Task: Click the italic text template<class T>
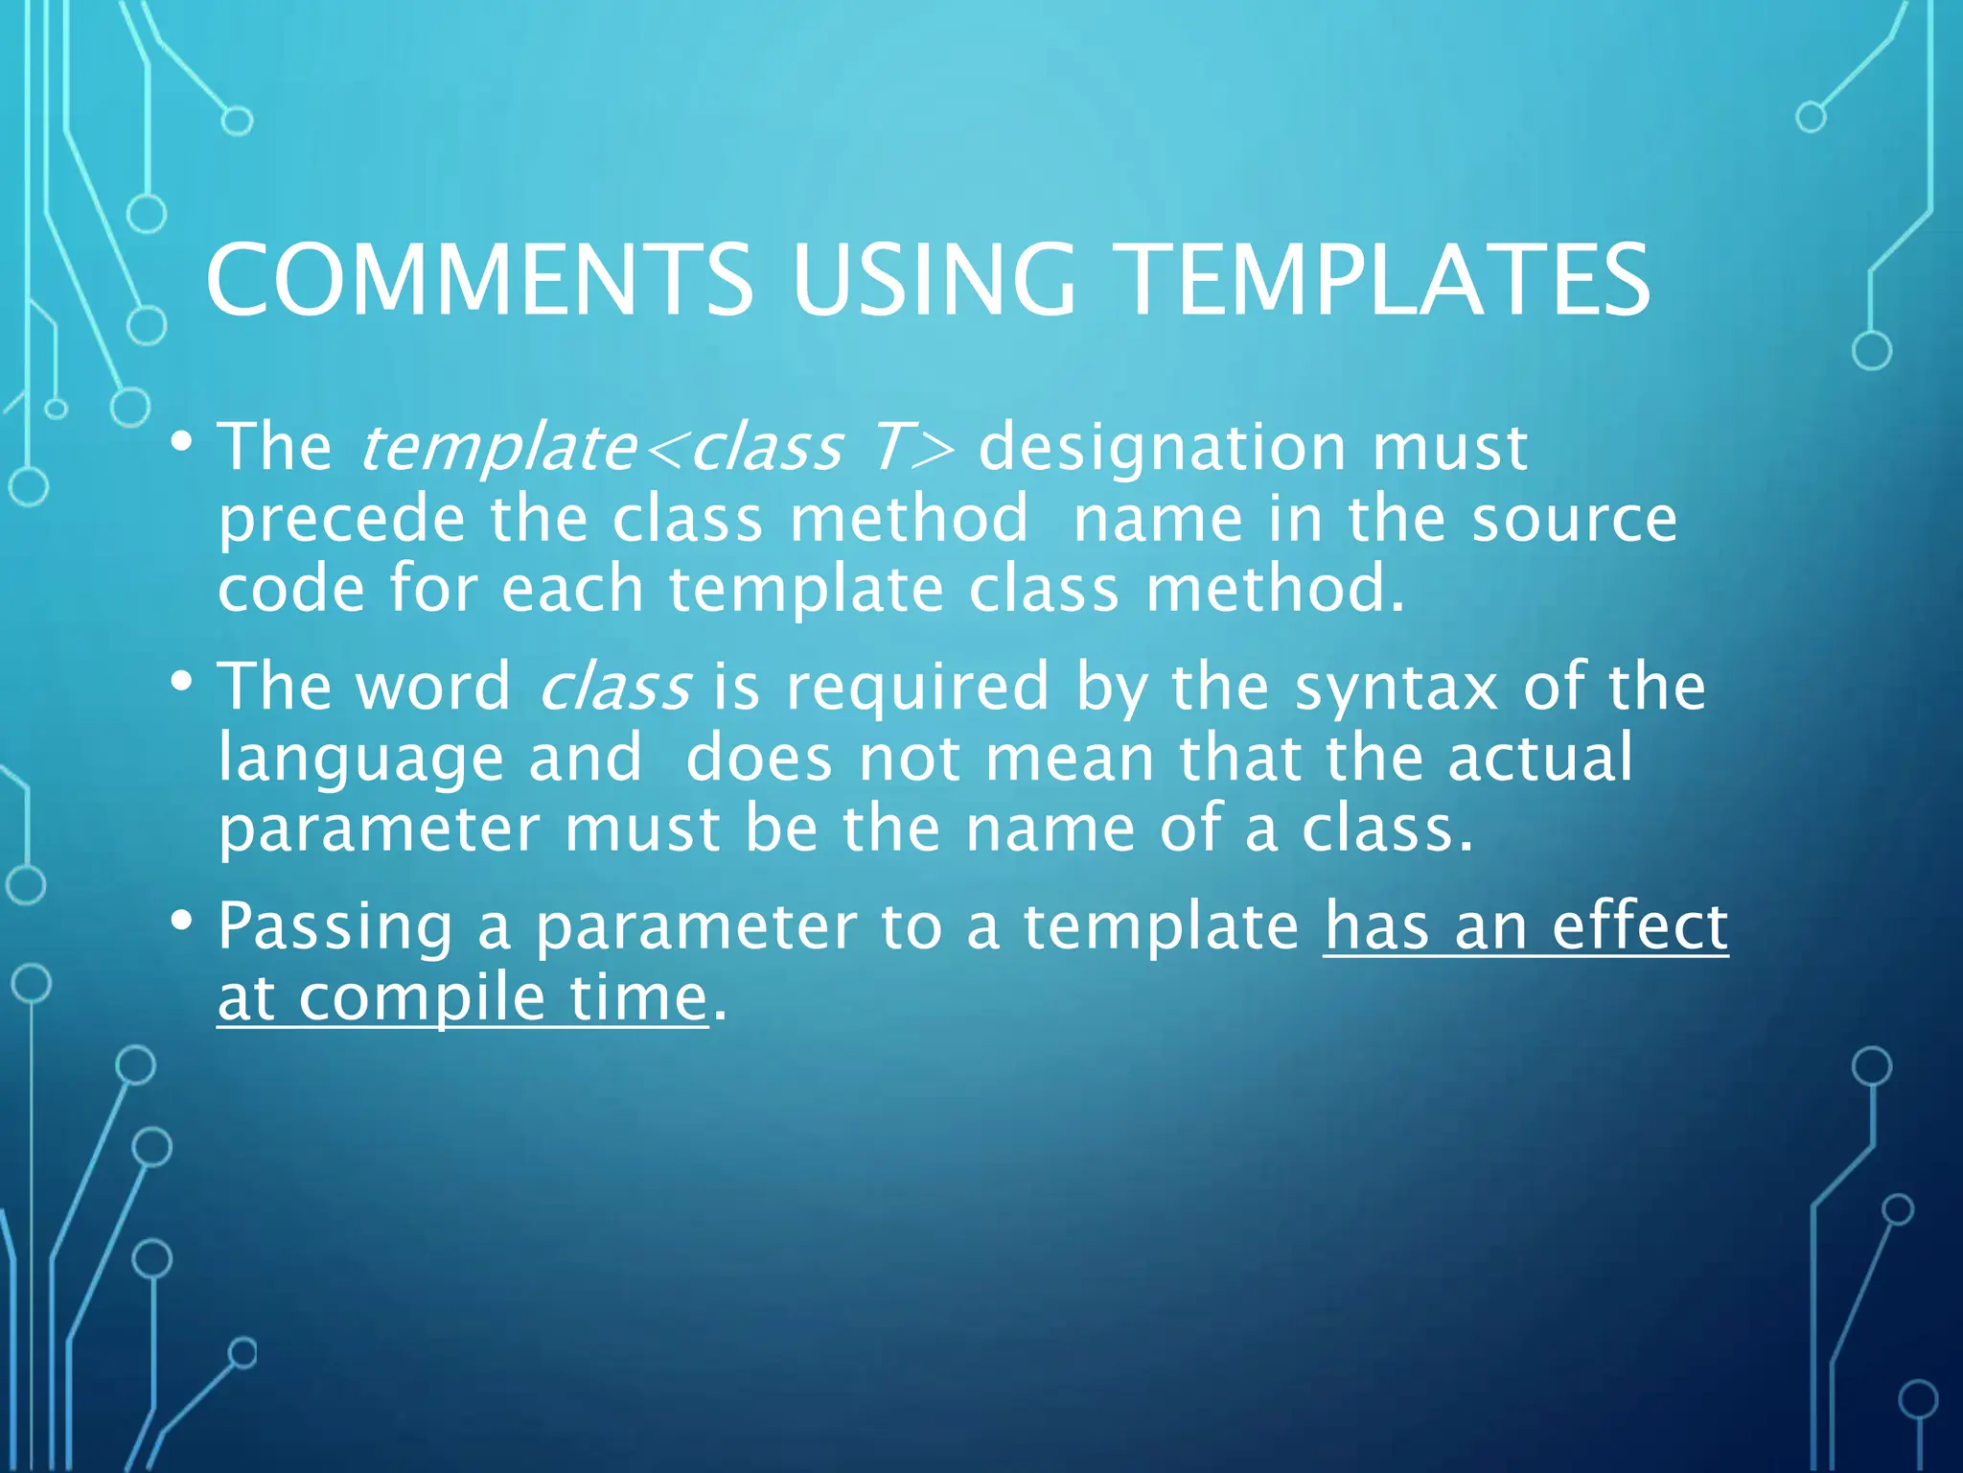tap(658, 448)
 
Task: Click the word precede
tap(341, 519)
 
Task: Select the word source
tap(1574, 519)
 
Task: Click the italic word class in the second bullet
tap(614, 687)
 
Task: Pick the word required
tap(917, 687)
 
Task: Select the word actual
tap(1539, 758)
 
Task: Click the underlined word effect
tap(1639, 926)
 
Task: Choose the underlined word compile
tap(422, 998)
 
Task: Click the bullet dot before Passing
tap(181, 921)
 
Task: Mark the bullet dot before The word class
tap(181, 682)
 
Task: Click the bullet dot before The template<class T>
tap(181, 442)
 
